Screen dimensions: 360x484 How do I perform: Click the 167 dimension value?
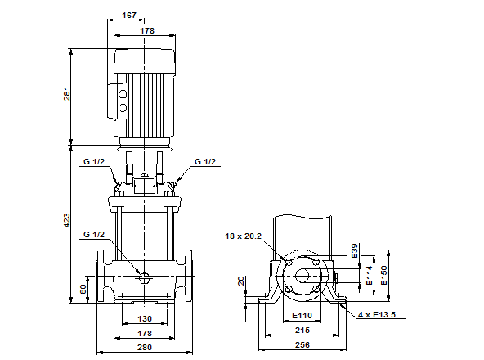coord(128,15)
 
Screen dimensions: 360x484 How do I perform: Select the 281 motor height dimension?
coord(68,94)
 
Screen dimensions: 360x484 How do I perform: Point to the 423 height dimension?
coord(68,220)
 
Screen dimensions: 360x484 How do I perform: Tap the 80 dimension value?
coord(83,289)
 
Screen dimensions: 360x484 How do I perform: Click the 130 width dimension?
coord(144,318)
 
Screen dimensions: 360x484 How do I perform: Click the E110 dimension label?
coord(302,316)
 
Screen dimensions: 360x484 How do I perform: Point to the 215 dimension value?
coord(302,331)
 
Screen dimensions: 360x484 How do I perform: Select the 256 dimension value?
coord(302,345)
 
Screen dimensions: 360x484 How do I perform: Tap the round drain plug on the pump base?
coord(144,277)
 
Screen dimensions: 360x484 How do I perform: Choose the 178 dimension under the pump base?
coord(144,333)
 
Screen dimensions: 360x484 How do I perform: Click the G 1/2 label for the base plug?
coord(94,235)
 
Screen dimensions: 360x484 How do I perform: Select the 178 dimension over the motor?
coord(146,30)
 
